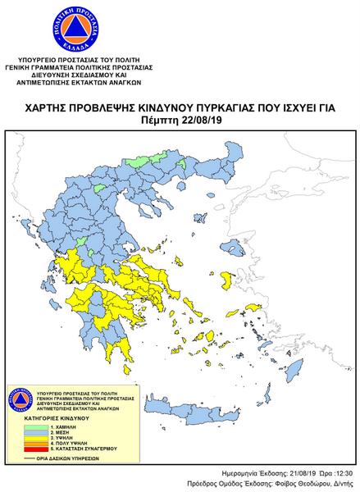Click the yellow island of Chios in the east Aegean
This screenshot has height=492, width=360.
[222, 281]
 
